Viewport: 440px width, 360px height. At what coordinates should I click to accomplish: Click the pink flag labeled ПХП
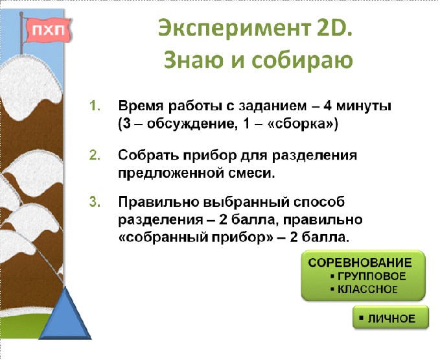(x=48, y=30)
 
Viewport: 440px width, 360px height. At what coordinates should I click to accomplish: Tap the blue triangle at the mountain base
(x=65, y=315)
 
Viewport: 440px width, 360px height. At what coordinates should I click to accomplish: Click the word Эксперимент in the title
(x=235, y=29)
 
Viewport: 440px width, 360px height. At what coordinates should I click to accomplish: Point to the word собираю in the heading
(x=302, y=61)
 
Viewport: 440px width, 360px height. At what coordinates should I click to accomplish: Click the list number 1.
(x=95, y=106)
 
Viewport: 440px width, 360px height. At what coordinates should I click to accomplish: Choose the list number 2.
(x=95, y=155)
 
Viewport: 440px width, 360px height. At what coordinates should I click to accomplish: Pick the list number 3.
(x=95, y=202)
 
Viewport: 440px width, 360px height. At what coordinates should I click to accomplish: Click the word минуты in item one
(x=364, y=107)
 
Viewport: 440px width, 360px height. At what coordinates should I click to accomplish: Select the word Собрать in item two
(x=149, y=155)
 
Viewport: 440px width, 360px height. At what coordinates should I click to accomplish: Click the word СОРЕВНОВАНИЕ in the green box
(x=360, y=263)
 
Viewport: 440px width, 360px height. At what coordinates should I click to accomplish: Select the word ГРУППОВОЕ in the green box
(x=372, y=276)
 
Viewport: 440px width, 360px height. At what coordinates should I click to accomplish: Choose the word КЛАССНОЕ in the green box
(x=367, y=289)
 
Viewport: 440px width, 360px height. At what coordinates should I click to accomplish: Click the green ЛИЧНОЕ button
(x=391, y=318)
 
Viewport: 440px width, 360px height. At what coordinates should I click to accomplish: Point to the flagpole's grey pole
(x=21, y=34)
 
